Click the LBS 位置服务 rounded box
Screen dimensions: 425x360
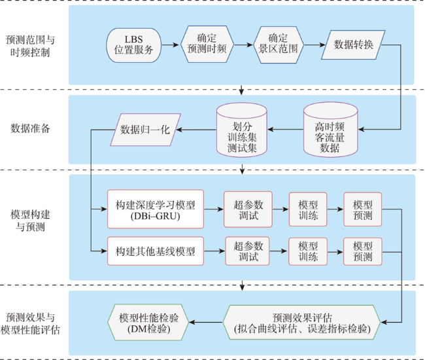133,45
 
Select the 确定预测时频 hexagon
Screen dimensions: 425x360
207,45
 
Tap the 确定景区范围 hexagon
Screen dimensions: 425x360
278,45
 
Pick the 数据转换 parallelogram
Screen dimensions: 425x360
353,45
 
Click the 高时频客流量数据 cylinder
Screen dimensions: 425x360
330,130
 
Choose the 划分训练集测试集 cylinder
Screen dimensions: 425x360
242,130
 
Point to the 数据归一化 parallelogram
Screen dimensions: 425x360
145,130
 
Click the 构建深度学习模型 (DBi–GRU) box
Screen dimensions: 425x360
156,209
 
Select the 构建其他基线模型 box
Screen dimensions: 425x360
156,251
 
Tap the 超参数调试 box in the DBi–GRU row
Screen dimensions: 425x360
248,209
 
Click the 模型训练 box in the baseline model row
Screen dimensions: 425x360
308,251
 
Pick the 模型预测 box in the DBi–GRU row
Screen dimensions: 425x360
363,209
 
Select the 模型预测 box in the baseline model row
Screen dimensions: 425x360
363,251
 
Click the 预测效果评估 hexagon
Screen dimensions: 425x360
301,323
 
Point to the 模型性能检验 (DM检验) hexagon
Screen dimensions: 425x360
148,323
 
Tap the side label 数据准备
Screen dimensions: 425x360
30,128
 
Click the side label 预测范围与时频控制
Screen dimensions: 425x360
30,46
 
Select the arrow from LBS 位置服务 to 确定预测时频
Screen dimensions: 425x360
171,45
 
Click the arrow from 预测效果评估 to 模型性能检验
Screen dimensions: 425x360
206,322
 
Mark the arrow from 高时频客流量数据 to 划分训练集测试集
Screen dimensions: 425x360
286,130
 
